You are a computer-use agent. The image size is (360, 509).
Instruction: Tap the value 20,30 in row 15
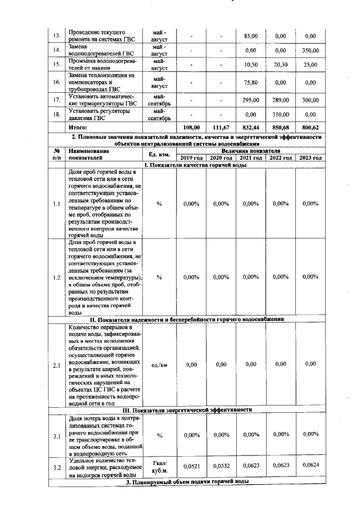[281, 65]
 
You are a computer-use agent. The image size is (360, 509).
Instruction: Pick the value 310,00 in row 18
[281, 115]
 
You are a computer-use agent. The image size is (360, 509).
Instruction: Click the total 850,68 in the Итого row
[281, 128]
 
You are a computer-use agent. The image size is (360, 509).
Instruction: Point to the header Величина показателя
[250, 151]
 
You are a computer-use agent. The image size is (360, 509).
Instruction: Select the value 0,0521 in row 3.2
[192, 466]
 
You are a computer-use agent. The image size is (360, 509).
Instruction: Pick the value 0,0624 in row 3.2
[310, 466]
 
